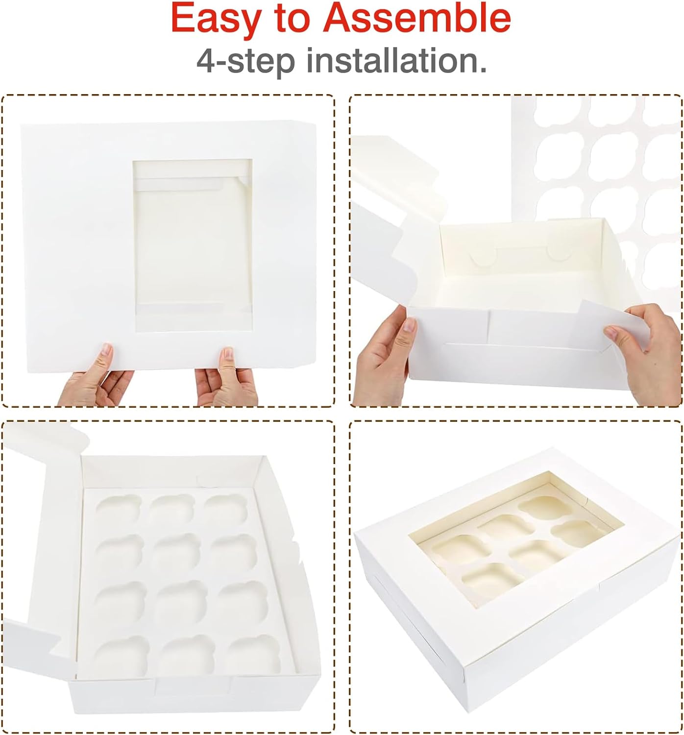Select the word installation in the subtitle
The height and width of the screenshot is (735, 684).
point(396,61)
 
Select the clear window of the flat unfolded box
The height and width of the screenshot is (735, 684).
point(192,245)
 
